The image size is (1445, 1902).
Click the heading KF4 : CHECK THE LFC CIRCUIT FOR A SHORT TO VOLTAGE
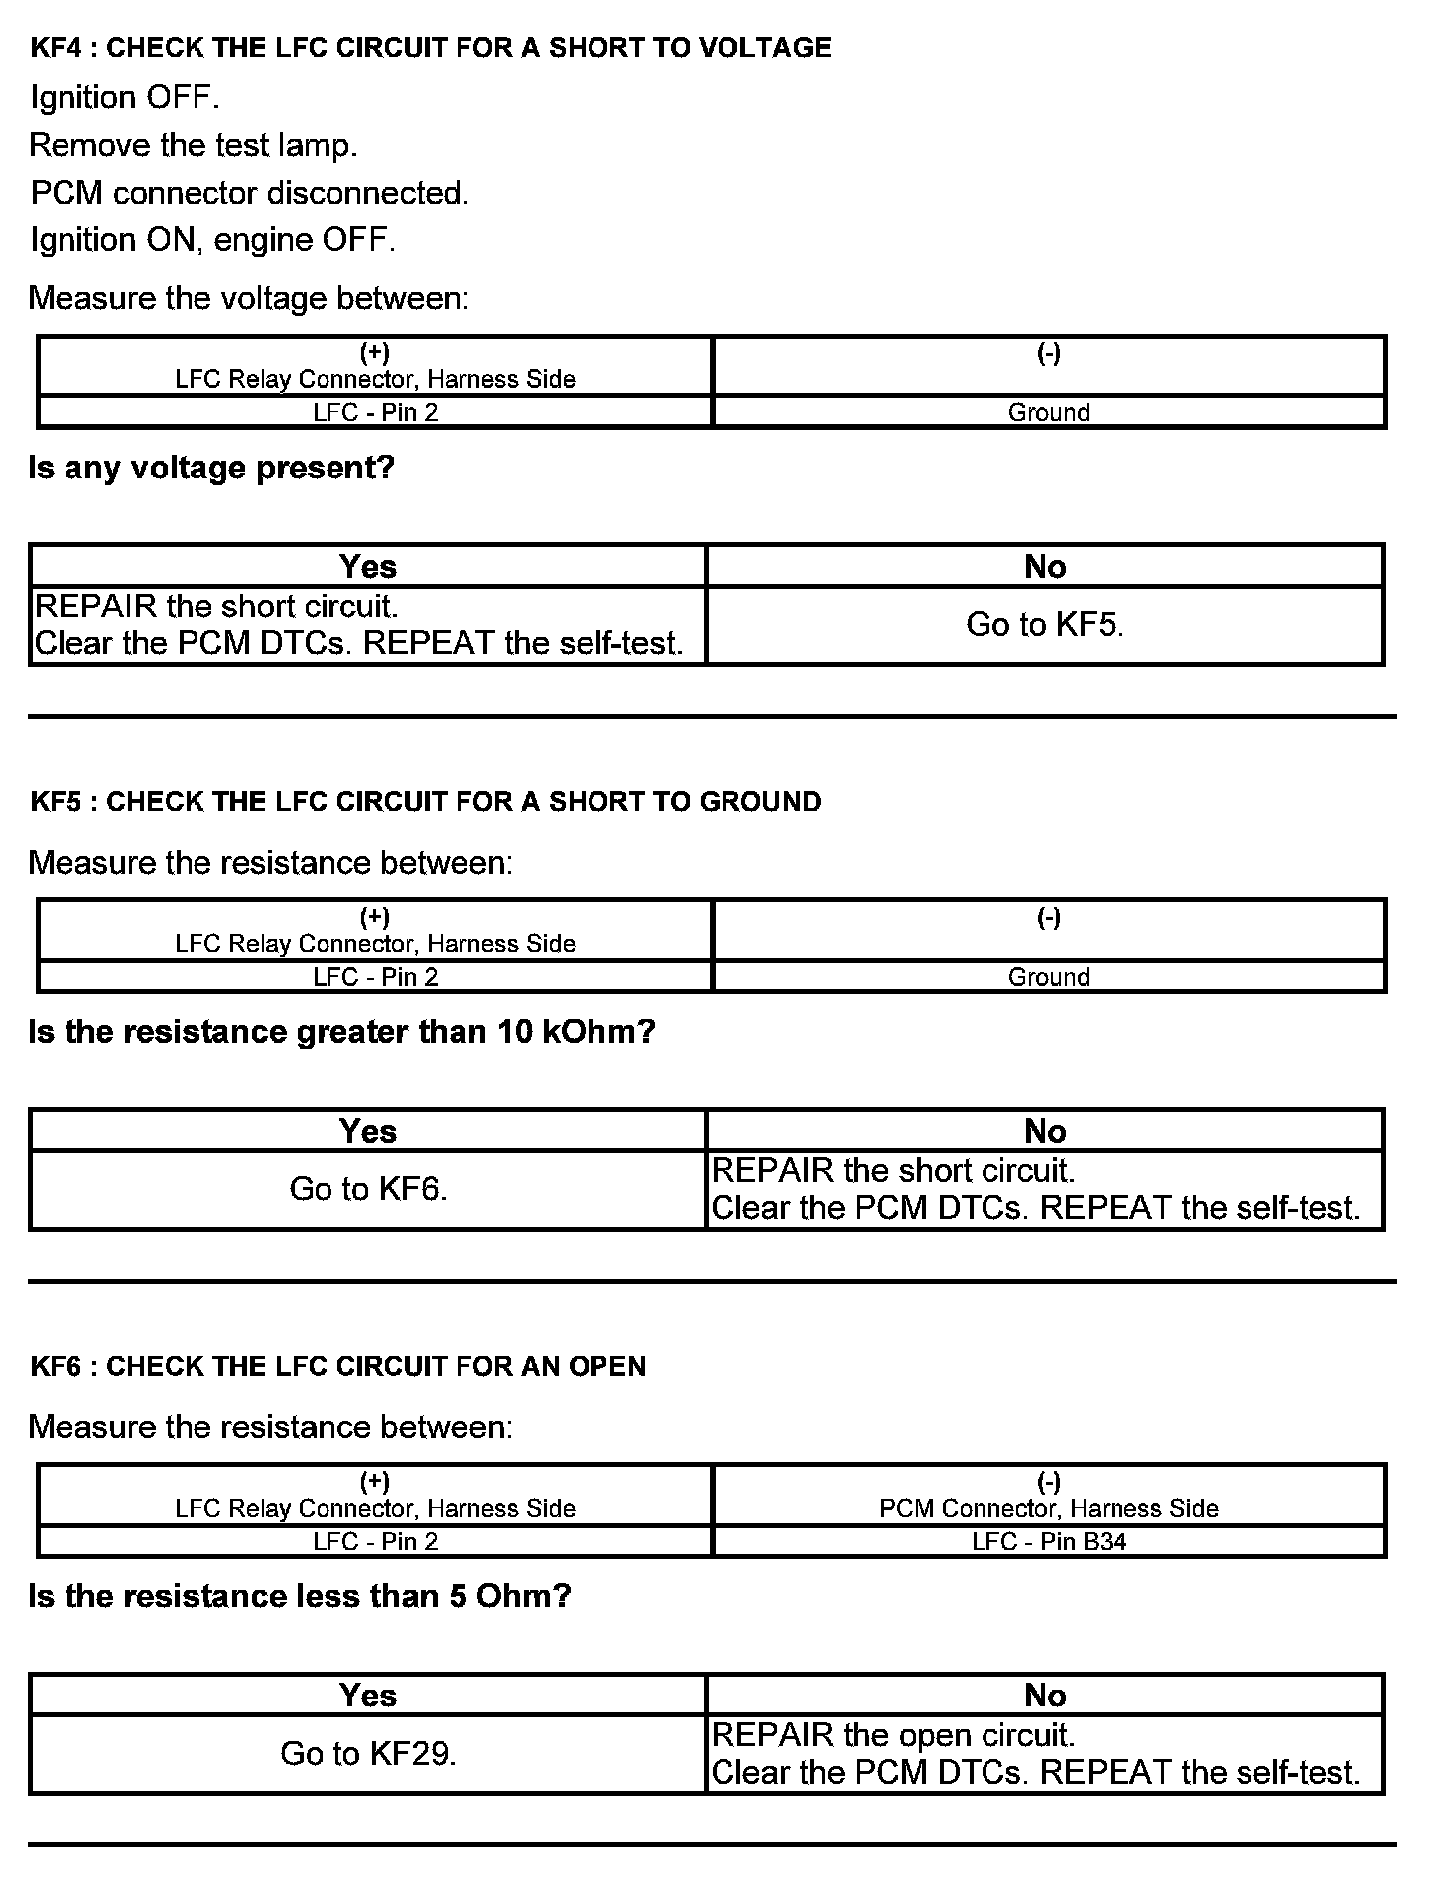[431, 48]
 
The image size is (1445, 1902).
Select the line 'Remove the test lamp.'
[193, 145]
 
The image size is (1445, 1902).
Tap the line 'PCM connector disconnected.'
[249, 193]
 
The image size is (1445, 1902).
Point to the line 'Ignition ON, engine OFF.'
[212, 240]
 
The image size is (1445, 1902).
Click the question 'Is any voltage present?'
[211, 467]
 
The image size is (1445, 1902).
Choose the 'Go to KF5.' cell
[1045, 624]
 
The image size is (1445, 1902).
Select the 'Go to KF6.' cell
[368, 1189]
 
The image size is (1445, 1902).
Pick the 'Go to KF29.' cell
[368, 1754]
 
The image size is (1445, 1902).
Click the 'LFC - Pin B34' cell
[1049, 1541]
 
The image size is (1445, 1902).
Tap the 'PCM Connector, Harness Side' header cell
[1049, 1508]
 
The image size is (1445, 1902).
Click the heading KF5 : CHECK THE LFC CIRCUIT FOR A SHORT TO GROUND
[426, 802]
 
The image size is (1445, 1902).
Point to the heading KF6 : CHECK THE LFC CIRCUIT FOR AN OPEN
[338, 1367]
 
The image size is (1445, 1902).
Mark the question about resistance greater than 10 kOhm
[341, 1032]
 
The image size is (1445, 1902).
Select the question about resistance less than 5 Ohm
[300, 1596]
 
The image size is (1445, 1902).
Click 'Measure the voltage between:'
[248, 298]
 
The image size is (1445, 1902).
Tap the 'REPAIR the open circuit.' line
[893, 1735]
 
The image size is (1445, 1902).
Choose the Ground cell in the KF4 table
[1049, 412]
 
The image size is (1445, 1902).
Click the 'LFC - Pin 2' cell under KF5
[375, 977]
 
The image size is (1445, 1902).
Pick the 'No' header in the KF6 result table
[1045, 1696]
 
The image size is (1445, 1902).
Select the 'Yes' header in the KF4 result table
[368, 566]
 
